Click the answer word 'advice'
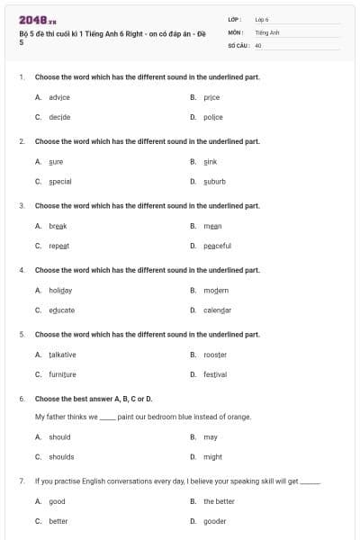pos(59,97)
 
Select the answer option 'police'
pos(213,117)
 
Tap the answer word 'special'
pos(60,182)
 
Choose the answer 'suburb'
pos(214,182)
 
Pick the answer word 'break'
pos(58,226)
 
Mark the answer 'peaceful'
pos(217,246)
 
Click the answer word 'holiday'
pos(60,291)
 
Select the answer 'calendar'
pos(217,310)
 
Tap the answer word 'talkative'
pos(62,355)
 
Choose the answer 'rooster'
pos(215,355)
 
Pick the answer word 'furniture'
pos(62,374)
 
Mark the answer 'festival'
pos(215,374)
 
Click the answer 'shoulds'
pos(60,457)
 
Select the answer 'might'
pos(212,457)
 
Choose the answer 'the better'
pos(219,501)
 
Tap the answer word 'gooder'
pos(214,521)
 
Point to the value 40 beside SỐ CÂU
pos(258,45)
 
